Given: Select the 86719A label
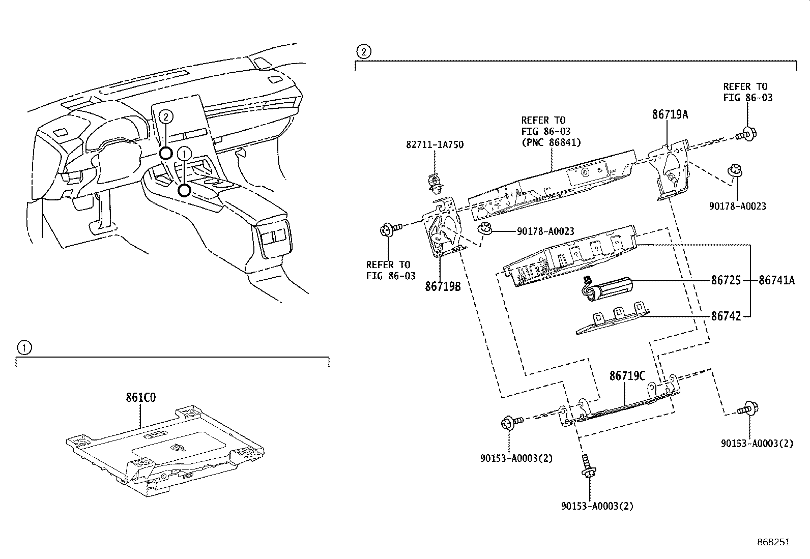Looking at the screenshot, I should pos(670,115).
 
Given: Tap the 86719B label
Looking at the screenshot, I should pos(443,287).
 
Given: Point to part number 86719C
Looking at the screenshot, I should pos(627,376).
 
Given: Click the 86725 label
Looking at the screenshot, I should pos(726,280).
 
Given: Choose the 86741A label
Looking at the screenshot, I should pos(776,280).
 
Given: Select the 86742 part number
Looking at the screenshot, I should pos(726,316).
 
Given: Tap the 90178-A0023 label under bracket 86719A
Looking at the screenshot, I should pos(737,206).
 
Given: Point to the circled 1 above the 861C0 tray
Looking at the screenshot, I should pos(23,348).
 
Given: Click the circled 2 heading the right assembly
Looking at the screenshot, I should pos(363,51).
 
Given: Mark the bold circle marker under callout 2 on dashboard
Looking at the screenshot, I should pos(166,153).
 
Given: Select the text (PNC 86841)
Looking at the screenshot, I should pos(551,143).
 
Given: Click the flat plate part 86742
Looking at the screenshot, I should pos(613,321).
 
